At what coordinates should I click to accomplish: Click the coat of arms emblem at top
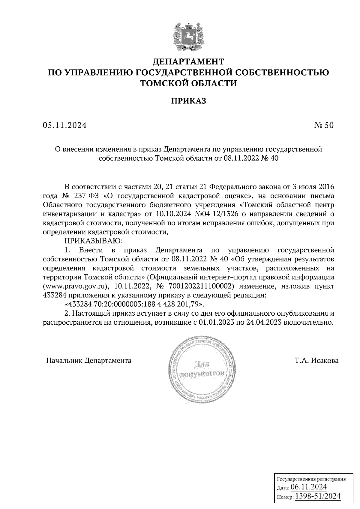[x=188, y=36]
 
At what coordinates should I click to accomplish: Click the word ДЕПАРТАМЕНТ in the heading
[x=188, y=62]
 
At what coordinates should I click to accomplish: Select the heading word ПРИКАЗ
[x=188, y=101]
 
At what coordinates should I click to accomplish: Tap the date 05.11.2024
[x=64, y=126]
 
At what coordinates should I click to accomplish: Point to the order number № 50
[x=323, y=126]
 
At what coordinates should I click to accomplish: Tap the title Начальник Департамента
[x=89, y=360]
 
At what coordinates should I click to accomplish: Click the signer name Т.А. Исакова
[x=316, y=360]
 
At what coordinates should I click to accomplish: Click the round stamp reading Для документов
[x=201, y=370]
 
